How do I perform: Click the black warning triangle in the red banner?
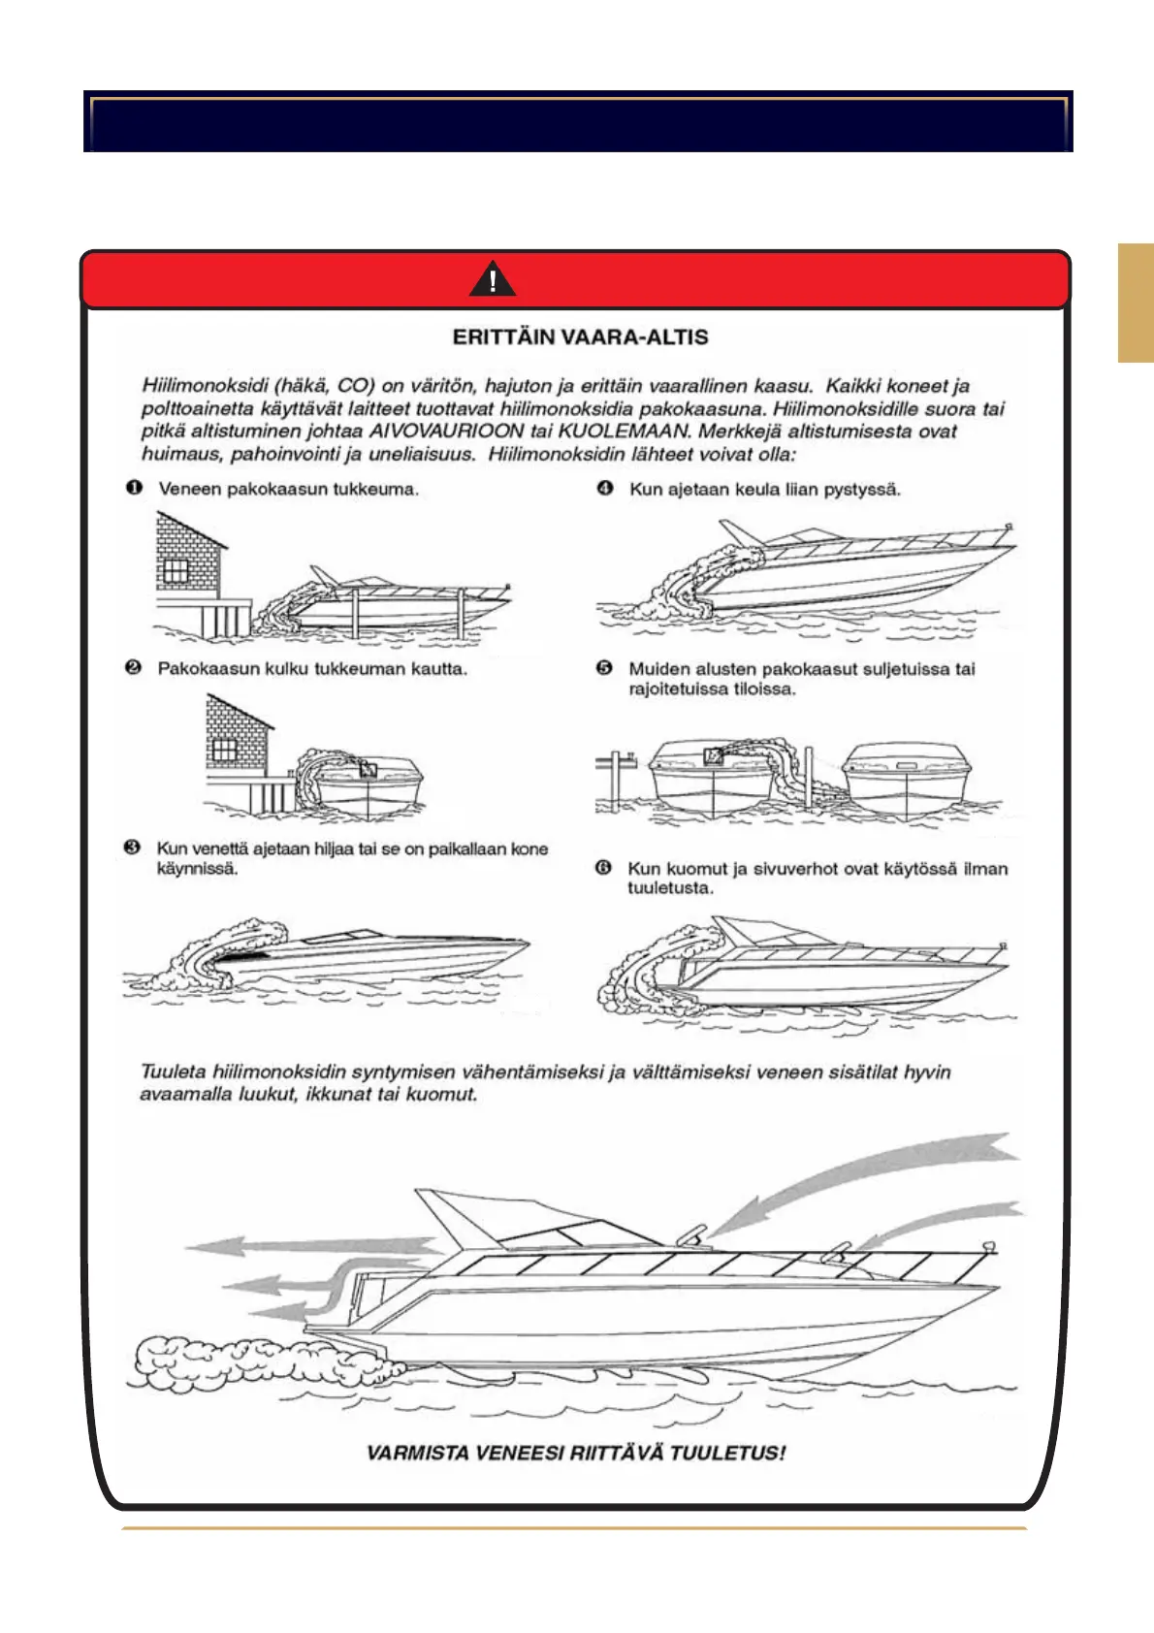[493, 279]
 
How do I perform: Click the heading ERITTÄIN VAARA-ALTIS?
[580, 337]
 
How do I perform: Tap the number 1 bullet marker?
[134, 488]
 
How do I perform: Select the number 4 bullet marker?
[605, 488]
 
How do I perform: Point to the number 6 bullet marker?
[603, 867]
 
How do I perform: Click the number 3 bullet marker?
[133, 848]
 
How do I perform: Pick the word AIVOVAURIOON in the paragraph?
[447, 431]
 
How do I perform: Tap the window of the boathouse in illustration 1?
[175, 570]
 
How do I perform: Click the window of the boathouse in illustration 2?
[224, 750]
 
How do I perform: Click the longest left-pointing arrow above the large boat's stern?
[310, 1245]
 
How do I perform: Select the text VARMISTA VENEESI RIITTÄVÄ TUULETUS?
[576, 1453]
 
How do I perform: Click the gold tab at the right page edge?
[1135, 303]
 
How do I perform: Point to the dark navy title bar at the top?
[578, 122]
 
